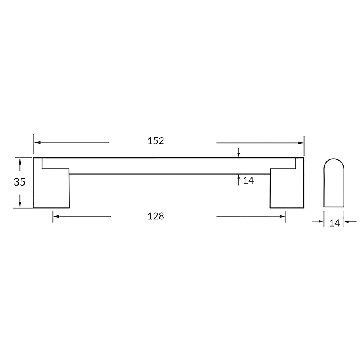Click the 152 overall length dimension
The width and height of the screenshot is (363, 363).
[x=156, y=141]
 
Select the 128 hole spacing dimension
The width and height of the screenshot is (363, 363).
[x=156, y=216]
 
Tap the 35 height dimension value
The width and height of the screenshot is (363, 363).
[x=19, y=182]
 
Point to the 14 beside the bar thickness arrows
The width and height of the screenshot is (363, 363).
[x=248, y=181]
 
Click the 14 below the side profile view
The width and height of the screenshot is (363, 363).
[x=334, y=223]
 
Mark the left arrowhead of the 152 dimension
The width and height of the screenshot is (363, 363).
[x=37, y=142]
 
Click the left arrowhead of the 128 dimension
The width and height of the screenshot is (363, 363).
[x=56, y=217]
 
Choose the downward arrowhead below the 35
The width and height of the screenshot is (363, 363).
[x=20, y=204]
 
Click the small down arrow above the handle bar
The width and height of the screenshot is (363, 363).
[x=239, y=155]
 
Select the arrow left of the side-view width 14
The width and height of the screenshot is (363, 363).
[x=321, y=221]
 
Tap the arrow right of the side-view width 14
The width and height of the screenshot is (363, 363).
[x=347, y=221]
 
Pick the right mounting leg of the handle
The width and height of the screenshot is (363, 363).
[x=286, y=190]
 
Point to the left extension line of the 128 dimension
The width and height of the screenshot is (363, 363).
[x=53, y=217]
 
